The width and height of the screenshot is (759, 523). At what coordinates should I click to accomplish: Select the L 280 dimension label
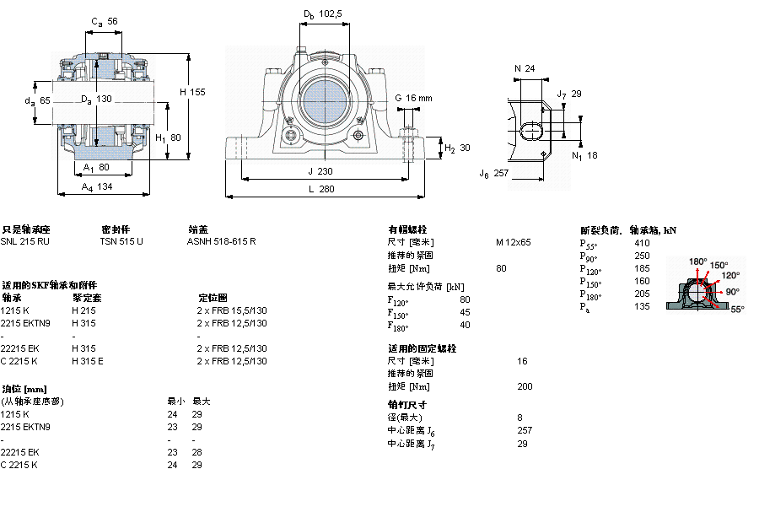320,190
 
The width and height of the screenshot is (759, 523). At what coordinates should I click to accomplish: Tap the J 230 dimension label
320,170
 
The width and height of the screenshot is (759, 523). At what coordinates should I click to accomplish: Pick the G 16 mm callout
413,98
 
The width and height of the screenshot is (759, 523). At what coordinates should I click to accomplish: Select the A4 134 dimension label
98,188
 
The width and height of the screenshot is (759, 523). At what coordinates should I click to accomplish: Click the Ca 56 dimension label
104,22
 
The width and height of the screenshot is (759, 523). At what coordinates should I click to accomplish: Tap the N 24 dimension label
525,68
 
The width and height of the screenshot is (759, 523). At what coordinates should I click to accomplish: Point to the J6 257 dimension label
494,173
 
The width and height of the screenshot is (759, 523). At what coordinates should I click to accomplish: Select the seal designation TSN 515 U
122,241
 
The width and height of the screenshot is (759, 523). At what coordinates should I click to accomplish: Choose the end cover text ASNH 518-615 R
221,241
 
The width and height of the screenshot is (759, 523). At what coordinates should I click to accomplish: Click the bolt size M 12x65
514,242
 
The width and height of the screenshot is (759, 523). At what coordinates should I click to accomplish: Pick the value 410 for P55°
642,243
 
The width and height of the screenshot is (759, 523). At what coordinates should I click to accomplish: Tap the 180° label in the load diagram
698,261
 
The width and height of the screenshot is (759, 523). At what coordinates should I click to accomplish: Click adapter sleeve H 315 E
88,361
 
